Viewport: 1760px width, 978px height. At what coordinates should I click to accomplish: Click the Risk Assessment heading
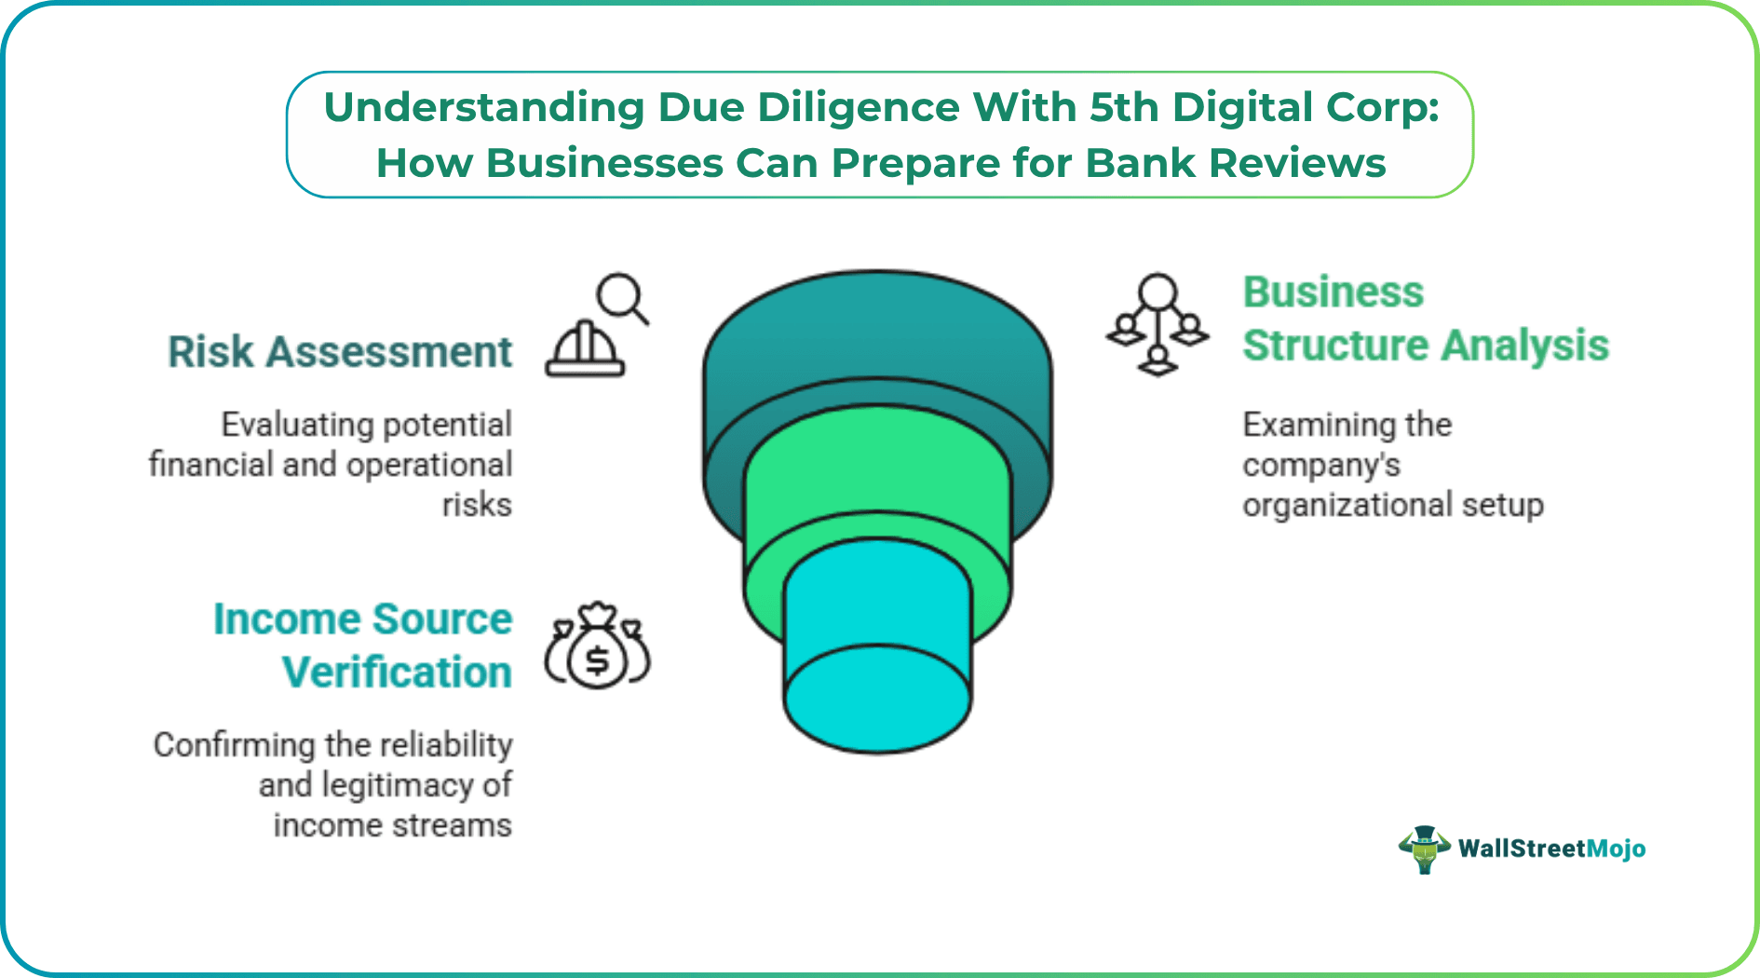click(x=340, y=352)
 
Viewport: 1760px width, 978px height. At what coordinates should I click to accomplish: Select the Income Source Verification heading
click(x=363, y=645)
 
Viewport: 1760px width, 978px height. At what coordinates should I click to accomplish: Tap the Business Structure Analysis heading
click(x=1425, y=319)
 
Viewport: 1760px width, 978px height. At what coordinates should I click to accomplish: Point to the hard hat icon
click(x=585, y=350)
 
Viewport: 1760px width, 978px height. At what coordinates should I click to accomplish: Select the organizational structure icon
click(x=1158, y=324)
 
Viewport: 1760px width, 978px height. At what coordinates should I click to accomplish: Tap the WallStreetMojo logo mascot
click(x=1424, y=849)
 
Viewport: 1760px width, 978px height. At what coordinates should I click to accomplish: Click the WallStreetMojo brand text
click(x=1551, y=849)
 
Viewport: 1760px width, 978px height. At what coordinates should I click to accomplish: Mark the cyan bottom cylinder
click(x=877, y=652)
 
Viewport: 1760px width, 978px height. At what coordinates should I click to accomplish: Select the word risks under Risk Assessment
click(x=477, y=505)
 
